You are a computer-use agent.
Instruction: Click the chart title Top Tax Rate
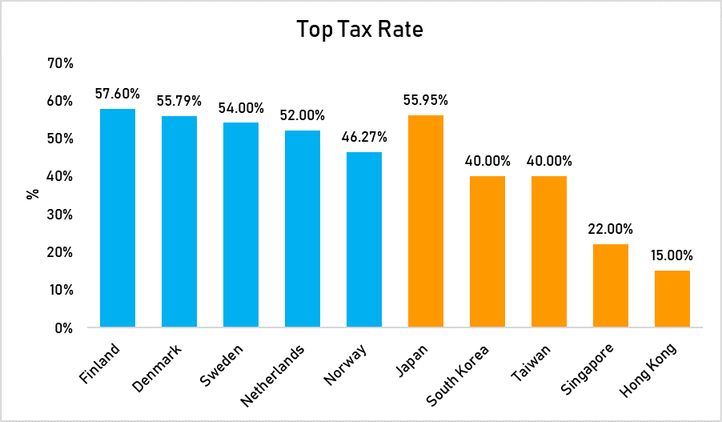click(x=359, y=30)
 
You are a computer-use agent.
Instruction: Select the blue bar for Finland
click(x=118, y=218)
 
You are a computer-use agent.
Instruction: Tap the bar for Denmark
click(x=179, y=221)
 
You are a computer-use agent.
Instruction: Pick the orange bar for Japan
click(x=426, y=221)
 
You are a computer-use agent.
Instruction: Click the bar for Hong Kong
click(x=672, y=299)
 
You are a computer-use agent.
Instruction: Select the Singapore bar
click(x=611, y=285)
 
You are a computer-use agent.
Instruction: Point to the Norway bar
click(x=364, y=239)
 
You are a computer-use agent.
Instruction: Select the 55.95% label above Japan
click(x=426, y=101)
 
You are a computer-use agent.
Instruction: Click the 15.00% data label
click(x=672, y=256)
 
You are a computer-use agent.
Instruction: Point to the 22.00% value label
click(x=611, y=230)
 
